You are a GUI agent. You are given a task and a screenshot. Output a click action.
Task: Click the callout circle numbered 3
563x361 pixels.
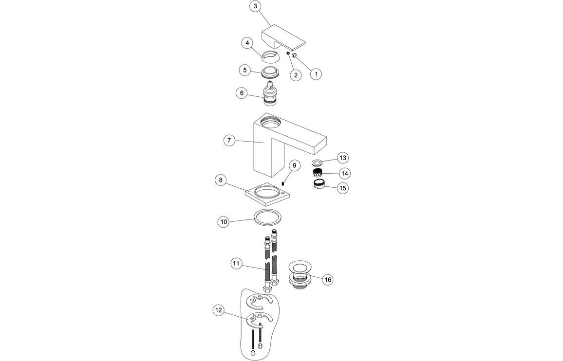256,7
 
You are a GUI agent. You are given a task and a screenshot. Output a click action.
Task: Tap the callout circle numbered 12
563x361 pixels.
219,310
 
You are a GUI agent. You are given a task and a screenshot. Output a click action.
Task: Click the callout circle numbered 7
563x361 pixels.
229,141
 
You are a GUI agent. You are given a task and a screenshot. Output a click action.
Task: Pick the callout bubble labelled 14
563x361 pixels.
345,173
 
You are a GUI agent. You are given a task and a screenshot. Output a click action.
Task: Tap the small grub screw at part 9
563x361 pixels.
282,183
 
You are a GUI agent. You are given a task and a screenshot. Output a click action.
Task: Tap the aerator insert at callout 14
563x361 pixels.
318,172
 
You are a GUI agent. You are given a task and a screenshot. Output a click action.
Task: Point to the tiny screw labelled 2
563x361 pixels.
288,54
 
